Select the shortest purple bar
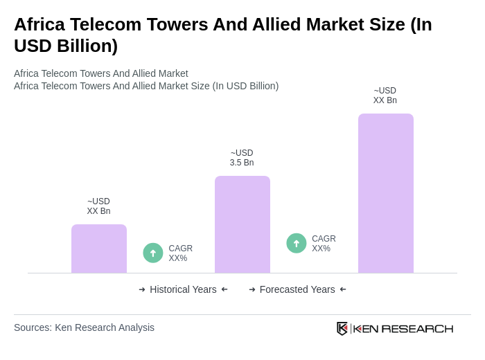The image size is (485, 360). pyautogui.click(x=99, y=249)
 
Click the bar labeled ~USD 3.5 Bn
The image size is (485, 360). pyautogui.click(x=242, y=224)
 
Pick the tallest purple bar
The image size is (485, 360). pyautogui.click(x=386, y=193)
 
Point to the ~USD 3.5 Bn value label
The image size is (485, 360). pyautogui.click(x=242, y=158)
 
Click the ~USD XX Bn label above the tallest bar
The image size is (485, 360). pyautogui.click(x=385, y=96)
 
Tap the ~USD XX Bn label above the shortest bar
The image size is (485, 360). pyautogui.click(x=98, y=206)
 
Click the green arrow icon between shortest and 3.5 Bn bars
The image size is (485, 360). pyautogui.click(x=153, y=253)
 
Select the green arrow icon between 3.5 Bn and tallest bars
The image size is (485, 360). pyautogui.click(x=297, y=243)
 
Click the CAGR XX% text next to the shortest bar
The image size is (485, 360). pyautogui.click(x=180, y=253)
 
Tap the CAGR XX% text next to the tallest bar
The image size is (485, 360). pyautogui.click(x=324, y=244)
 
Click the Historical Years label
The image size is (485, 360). pyautogui.click(x=183, y=289)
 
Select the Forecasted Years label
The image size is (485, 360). pyautogui.click(x=297, y=289)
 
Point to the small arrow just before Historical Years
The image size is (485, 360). pyautogui.click(x=142, y=289)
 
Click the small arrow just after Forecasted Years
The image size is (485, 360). pyautogui.click(x=343, y=289)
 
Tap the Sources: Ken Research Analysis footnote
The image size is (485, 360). pyautogui.click(x=84, y=327)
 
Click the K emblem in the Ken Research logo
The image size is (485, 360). pyautogui.click(x=342, y=328)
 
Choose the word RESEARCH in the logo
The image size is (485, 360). pyautogui.click(x=417, y=328)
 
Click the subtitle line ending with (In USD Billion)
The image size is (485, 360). pyautogui.click(x=146, y=86)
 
